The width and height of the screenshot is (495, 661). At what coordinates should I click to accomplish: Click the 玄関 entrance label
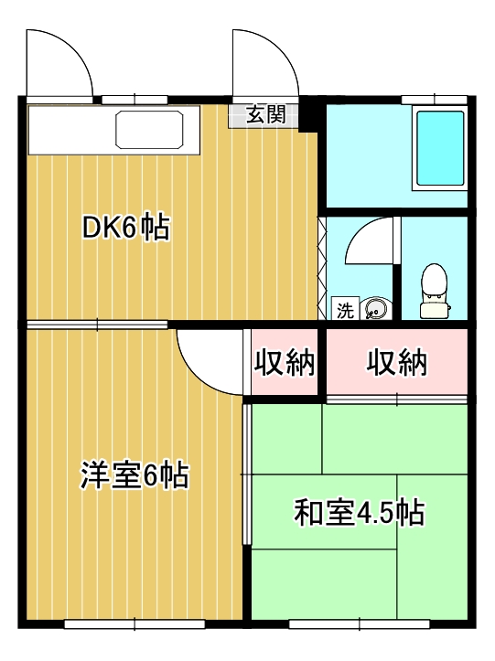pos(265,115)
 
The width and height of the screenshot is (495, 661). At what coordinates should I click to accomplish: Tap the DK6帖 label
pos(126,228)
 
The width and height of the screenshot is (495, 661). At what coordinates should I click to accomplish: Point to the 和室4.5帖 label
pos(359,513)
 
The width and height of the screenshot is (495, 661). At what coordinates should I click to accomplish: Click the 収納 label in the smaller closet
pos(284,363)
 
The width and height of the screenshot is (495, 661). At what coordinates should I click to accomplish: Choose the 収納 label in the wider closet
pos(397,363)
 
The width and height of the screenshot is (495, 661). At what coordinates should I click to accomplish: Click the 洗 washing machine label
pos(344,310)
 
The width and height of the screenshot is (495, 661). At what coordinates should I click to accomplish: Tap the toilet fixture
pos(434,292)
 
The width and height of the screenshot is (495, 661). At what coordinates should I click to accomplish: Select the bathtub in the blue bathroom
pos(439,148)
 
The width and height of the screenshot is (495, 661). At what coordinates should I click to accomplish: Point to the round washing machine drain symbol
pos(374,310)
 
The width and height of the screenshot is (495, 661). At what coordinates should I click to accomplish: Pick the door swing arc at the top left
pos(59,62)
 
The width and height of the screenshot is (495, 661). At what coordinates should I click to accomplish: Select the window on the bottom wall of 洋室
pos(135,624)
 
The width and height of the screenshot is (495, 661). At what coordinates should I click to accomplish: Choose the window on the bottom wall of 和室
pos(359,624)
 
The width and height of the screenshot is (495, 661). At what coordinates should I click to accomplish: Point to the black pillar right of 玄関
pos(311,114)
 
